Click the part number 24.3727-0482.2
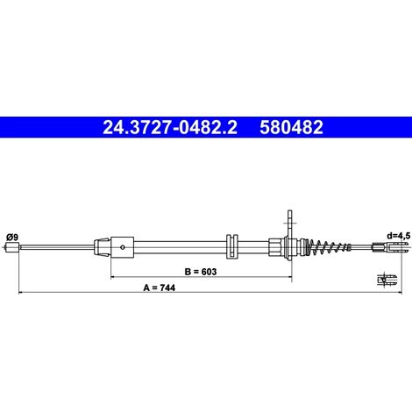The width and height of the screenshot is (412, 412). (170, 127)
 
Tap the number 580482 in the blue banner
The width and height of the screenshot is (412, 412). (291, 127)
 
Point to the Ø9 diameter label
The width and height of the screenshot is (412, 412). (12, 237)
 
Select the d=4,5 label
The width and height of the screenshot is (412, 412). (398, 236)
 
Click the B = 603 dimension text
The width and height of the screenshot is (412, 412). (201, 272)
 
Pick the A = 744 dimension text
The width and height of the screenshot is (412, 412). (160, 288)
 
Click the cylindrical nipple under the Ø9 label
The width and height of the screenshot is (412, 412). (12, 247)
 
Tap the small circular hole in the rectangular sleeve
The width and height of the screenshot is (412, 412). (123, 247)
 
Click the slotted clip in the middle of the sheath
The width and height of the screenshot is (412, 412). (232, 246)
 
